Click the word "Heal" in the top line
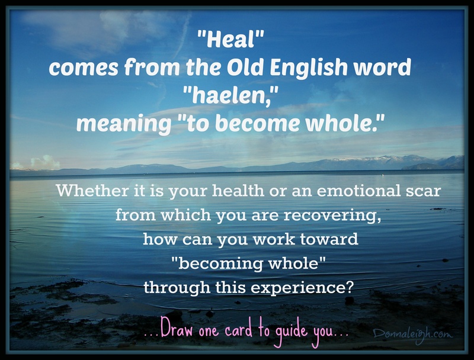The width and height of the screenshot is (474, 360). coord(230,40)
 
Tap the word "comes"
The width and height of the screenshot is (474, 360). coord(84,67)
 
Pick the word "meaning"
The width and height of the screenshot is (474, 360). coord(124,124)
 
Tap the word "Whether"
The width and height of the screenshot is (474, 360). coord(92,191)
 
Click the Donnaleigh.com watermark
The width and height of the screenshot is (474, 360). coord(412,335)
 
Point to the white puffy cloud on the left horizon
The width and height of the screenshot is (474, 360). coord(46,162)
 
